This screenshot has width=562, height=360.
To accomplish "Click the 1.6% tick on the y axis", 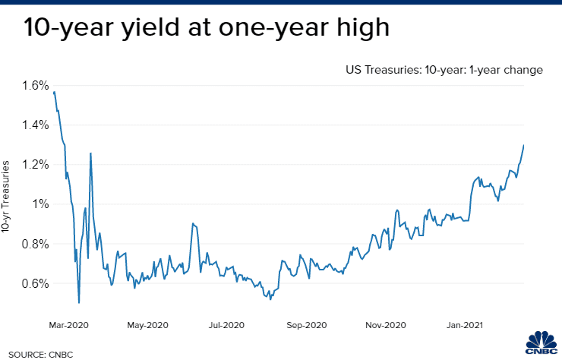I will [x=33, y=85].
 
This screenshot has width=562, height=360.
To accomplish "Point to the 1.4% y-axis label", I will [x=33, y=125].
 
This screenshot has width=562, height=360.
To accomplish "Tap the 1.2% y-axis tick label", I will [x=33, y=165].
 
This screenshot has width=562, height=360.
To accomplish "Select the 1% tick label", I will [x=38, y=204].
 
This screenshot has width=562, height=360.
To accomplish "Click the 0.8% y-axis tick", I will [x=33, y=244].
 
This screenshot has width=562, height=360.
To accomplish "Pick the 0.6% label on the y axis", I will [x=33, y=283].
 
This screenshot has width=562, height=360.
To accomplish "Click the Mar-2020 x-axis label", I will [x=68, y=325].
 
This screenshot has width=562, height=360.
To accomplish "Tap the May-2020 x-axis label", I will [x=147, y=325].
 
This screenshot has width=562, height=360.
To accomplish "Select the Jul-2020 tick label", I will [x=226, y=325].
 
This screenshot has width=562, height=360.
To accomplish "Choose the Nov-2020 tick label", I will [x=385, y=325].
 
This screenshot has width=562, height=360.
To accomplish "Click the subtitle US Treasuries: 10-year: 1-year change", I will [x=444, y=70].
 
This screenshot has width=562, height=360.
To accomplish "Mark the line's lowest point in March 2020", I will [x=79, y=303].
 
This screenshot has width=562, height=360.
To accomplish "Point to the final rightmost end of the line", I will [x=524, y=145].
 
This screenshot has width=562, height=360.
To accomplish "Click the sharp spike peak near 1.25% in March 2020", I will [x=90, y=153].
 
